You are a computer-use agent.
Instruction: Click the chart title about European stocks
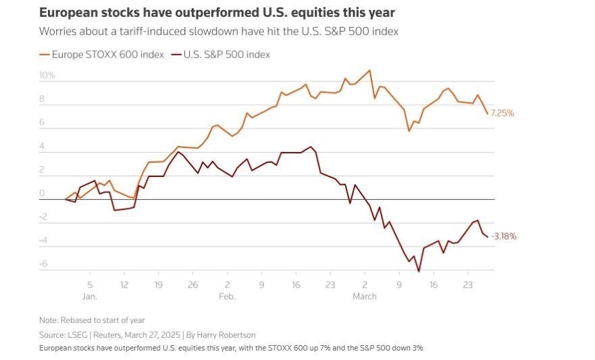point(217,13)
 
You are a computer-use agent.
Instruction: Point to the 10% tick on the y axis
point(47,76)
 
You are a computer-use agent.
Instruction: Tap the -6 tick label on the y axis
point(43,264)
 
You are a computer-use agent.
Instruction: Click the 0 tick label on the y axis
point(42,193)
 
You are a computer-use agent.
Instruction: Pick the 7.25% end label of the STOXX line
point(502,113)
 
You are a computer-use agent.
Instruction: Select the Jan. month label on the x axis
point(90,297)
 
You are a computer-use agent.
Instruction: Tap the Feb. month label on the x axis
point(228,297)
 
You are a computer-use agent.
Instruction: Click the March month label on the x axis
point(364,297)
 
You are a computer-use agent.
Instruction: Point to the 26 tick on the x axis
point(192,285)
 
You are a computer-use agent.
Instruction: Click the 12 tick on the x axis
point(124,285)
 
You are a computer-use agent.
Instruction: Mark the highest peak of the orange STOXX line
point(369,70)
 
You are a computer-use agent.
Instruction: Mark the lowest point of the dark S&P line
point(419,272)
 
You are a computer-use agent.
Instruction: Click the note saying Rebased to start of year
point(92,320)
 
